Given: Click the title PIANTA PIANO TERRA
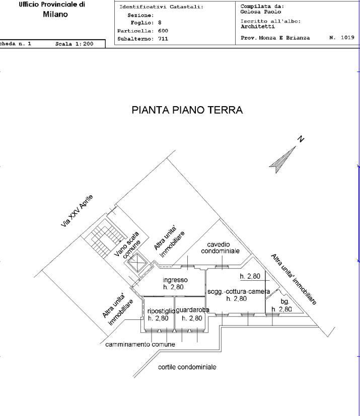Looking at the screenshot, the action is (x=187, y=110).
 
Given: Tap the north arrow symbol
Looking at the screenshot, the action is (x=282, y=159).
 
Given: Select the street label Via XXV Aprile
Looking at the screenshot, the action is (x=77, y=211).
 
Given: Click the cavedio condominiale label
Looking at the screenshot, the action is (x=220, y=247).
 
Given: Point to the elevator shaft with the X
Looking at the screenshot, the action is (x=136, y=263).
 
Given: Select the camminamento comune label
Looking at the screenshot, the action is (x=140, y=345).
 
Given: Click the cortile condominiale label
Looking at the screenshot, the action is (x=187, y=367).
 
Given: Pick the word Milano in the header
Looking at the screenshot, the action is (x=55, y=14).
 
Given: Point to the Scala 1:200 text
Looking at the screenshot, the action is (x=75, y=44).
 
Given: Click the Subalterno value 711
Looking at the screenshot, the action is (x=163, y=39).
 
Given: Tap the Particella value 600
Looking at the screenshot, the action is (x=163, y=31).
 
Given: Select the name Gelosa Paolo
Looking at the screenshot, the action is (x=260, y=12).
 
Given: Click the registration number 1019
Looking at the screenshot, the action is (x=347, y=37).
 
